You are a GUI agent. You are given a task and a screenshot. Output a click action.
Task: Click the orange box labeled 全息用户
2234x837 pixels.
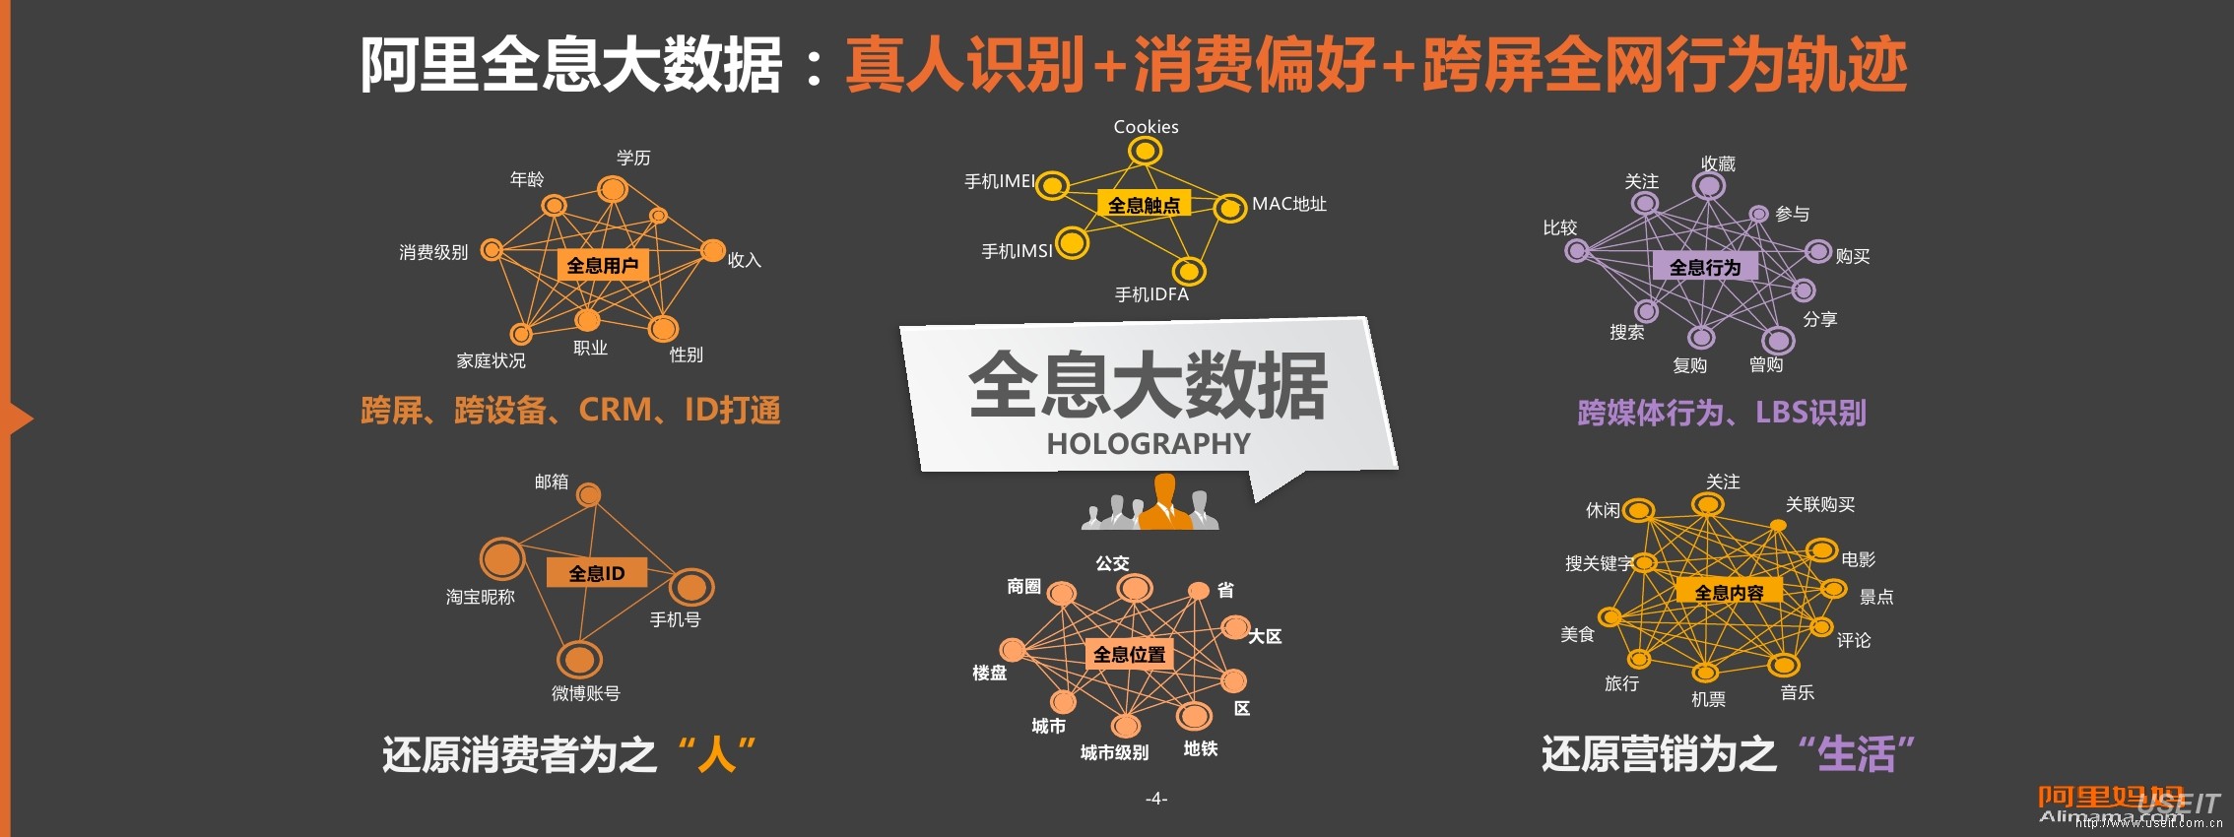pyautogui.click(x=602, y=265)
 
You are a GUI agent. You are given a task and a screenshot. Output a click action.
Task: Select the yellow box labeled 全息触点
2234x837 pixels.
pyautogui.click(x=1143, y=205)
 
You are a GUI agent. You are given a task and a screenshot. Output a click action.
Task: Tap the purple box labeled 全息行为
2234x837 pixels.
pyautogui.click(x=1704, y=267)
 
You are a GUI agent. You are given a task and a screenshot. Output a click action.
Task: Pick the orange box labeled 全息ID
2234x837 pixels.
pyautogui.click(x=596, y=573)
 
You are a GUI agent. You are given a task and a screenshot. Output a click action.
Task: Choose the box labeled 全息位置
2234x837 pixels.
pyautogui.click(x=1129, y=654)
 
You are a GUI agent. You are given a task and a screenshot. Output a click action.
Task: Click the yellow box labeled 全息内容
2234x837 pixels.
pyautogui.click(x=1729, y=592)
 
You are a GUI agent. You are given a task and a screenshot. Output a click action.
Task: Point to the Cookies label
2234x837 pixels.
pyautogui.click(x=1146, y=127)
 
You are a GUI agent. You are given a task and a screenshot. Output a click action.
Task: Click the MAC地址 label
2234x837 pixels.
pyautogui.click(x=1288, y=204)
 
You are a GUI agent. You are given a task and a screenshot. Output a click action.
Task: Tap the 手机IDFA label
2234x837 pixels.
pyautogui.click(x=1151, y=294)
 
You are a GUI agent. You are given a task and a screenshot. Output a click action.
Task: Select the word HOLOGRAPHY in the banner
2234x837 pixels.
pyautogui.click(x=1149, y=444)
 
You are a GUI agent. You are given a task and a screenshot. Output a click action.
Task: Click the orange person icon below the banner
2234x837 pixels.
pyautogui.click(x=1165, y=502)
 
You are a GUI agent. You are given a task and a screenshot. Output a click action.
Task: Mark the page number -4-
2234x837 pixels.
pyautogui.click(x=1156, y=798)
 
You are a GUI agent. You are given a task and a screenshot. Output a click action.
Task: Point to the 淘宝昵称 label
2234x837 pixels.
pyautogui.click(x=480, y=597)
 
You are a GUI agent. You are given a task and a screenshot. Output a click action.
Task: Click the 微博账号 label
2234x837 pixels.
pyautogui.click(x=585, y=693)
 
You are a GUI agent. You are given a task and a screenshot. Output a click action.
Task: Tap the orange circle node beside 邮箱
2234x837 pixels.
pyautogui.click(x=589, y=494)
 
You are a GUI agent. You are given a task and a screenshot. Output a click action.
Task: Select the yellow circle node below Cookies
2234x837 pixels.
pyautogui.click(x=1144, y=151)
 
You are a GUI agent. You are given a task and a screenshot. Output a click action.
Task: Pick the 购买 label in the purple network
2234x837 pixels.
pyautogui.click(x=1852, y=256)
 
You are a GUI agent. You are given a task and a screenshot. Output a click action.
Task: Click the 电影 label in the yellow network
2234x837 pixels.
pyautogui.click(x=1858, y=559)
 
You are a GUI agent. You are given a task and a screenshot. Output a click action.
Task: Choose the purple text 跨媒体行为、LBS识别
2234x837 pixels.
pyautogui.click(x=1721, y=413)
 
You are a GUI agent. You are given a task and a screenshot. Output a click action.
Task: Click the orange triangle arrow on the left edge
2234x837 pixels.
pyautogui.click(x=20, y=418)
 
